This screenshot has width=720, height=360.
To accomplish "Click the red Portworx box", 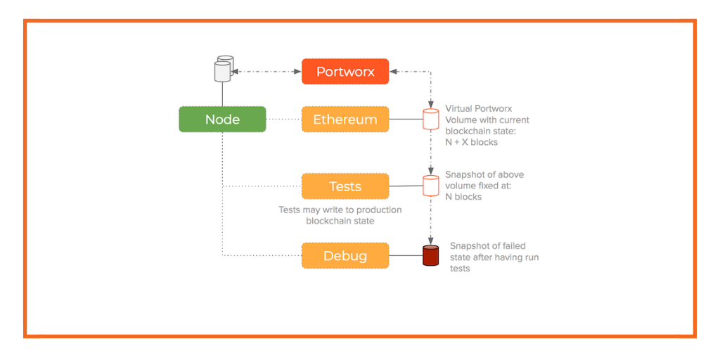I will [345, 72].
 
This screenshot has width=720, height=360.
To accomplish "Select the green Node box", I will [222, 120].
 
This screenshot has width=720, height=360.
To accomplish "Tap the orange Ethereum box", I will [345, 120].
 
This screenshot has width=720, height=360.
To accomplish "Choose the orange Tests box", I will [345, 186].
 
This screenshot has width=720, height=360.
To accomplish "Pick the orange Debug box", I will [345, 255].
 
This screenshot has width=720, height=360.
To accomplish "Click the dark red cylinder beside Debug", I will [430, 255].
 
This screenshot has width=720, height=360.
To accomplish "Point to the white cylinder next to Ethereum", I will [430, 120].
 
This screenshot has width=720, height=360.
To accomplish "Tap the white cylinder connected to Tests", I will [430, 186].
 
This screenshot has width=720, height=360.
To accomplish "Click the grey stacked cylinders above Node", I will [223, 69].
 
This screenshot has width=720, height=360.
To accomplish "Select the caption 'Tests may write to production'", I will [340, 210].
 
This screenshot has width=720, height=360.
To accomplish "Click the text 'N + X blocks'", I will [471, 142].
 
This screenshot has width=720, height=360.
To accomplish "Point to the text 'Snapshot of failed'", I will [487, 246].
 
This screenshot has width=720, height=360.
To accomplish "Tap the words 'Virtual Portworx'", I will [478, 109].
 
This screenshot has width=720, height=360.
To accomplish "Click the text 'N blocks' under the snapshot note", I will [463, 197].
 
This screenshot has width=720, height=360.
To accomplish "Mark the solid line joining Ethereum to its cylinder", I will [406, 120].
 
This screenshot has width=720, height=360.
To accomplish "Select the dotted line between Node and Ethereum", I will [283, 120].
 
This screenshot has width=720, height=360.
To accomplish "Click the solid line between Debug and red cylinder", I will [406, 255].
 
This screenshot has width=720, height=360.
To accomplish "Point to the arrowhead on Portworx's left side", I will [298, 72].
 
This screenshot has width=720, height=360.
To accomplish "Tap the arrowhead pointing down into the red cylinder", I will [430, 241].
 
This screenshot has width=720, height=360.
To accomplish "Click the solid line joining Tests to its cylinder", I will [406, 186].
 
